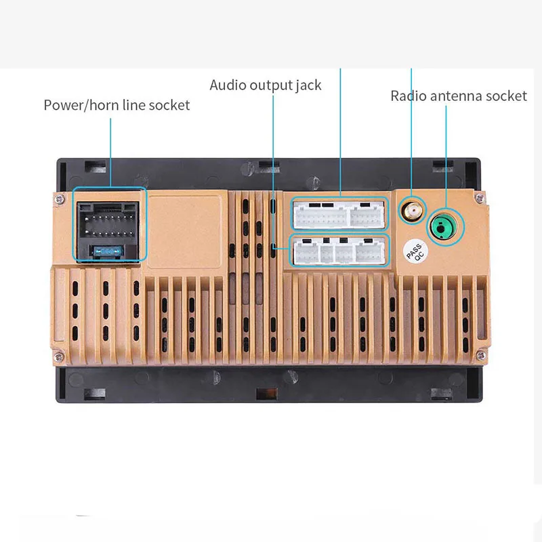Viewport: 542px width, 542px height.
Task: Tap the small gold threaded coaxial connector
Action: click(411, 211)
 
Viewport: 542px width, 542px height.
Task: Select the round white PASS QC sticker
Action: click(415, 253)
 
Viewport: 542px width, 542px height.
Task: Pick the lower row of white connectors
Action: click(339, 251)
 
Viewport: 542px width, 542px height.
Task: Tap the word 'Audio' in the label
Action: click(228, 85)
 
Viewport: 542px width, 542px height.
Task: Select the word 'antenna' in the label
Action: click(458, 96)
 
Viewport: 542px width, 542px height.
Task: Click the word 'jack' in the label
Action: click(308, 85)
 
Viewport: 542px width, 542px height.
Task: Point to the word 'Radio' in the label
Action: click(408, 96)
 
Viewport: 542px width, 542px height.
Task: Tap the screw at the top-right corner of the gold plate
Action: click(480, 197)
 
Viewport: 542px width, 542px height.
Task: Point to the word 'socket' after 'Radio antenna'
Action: click(506, 96)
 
